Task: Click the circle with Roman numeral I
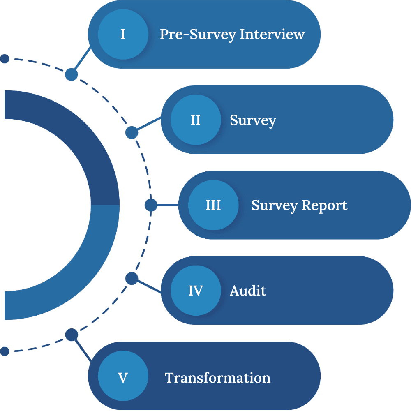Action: click(123, 34)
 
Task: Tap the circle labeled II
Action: click(196, 120)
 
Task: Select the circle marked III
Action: click(213, 205)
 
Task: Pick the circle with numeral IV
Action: click(196, 291)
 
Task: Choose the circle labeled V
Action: click(123, 377)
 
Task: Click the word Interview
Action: click(272, 34)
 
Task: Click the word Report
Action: click(325, 205)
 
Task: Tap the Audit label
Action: click(248, 291)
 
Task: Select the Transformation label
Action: click(217, 377)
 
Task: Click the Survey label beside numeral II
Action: click(253, 120)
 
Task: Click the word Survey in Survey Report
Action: click(275, 205)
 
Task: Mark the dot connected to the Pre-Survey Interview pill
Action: click(72, 74)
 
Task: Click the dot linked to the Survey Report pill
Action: click(151, 205)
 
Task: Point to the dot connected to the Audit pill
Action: click(132, 279)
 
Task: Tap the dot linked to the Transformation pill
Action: click(72, 335)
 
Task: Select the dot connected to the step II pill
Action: click(132, 132)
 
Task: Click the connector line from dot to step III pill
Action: click(168, 205)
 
